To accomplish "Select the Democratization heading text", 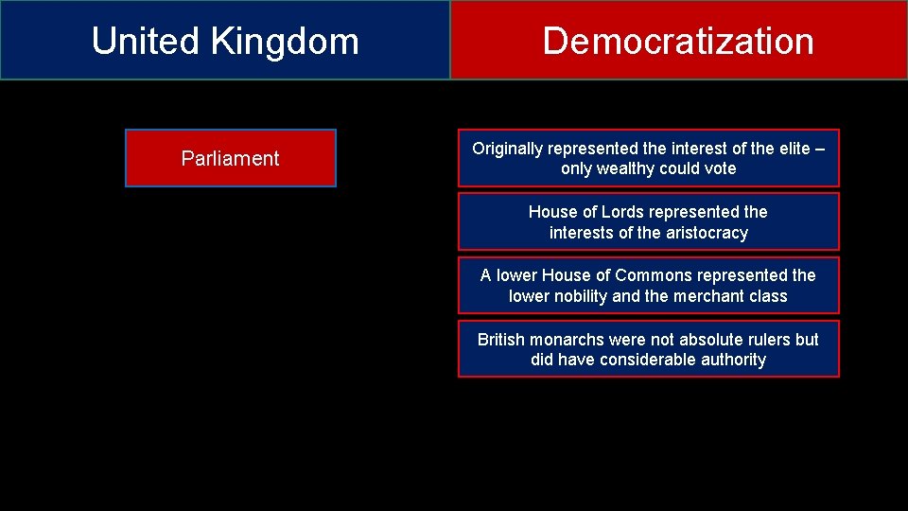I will click(x=678, y=42).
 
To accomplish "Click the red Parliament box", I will click(x=231, y=158).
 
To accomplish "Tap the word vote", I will click(x=719, y=168).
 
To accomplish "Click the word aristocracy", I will click(x=707, y=233).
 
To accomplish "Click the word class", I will click(x=767, y=296).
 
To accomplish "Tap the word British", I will click(x=501, y=340).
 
